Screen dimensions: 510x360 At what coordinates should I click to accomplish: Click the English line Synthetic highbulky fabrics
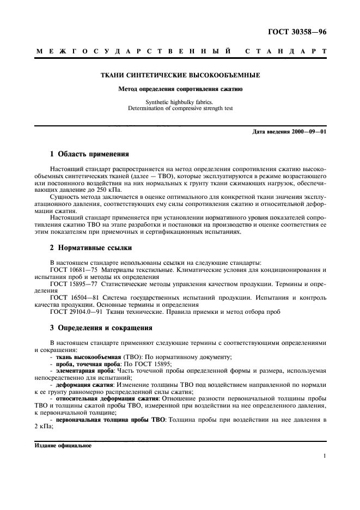point(180,102)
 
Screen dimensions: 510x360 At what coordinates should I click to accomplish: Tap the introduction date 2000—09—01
point(308,132)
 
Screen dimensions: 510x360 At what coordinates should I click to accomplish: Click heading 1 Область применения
point(89,154)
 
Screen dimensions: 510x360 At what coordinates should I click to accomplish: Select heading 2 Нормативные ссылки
point(90,247)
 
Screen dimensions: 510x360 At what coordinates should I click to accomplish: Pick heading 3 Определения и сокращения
point(101,327)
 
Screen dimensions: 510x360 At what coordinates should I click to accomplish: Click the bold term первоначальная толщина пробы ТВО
point(108,420)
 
